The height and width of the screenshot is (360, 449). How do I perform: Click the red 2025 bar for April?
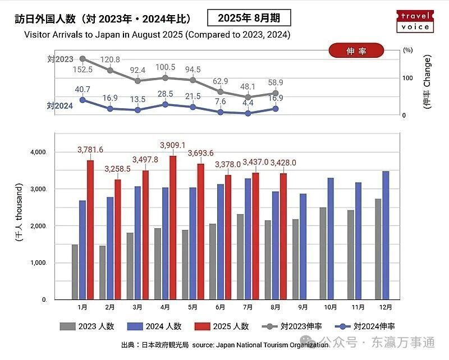click(173, 228)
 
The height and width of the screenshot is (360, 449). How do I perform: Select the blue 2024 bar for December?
click(386, 236)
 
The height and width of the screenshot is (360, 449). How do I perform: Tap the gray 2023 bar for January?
click(75, 272)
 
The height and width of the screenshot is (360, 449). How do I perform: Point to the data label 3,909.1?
click(173, 145)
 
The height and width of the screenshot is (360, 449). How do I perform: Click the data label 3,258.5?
click(117, 168)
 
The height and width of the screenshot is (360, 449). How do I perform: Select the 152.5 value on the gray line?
click(83, 69)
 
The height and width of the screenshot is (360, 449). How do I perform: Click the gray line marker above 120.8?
click(110, 70)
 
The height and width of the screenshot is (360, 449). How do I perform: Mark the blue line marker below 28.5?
click(165, 104)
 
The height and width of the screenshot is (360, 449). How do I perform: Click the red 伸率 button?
click(356, 50)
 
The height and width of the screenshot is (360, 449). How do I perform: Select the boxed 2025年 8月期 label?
click(249, 18)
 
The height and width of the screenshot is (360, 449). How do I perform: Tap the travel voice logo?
click(415, 21)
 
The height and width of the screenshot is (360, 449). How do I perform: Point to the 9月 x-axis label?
click(303, 307)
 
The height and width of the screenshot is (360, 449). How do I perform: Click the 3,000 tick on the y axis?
click(39, 190)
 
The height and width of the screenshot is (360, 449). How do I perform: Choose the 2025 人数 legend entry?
click(222, 326)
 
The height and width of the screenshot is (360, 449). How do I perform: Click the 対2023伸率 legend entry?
click(295, 326)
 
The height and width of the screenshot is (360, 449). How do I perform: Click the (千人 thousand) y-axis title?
click(19, 213)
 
